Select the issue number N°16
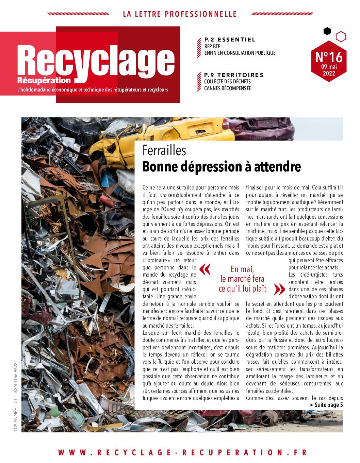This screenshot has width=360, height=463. pos(329,56)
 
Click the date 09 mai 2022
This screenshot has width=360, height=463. pos(329,70)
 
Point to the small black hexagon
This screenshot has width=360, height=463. pos(327,31)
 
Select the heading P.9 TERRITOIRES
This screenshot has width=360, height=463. pos(234,75)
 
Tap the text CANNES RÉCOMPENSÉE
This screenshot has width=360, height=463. pos(227,88)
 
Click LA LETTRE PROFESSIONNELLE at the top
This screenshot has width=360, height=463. pos(180,14)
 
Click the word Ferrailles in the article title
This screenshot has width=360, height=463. pos(164,150)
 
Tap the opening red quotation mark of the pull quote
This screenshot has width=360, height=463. pos(205,269)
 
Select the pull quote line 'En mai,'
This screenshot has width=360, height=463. pos(242,269)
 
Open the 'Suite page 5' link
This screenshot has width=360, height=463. pos(326,405)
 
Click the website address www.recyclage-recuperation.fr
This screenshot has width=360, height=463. pos(182,452)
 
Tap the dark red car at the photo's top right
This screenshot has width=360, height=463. pos(269,128)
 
